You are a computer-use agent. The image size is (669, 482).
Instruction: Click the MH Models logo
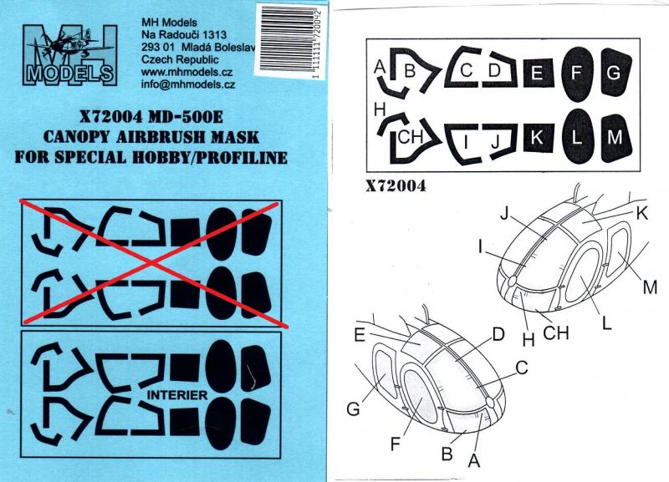tap(69, 55)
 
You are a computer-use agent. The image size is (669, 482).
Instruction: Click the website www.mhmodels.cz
tap(186, 72)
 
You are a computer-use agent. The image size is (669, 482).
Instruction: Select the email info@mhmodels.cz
tap(188, 84)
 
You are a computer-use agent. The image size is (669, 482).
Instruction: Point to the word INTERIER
tap(177, 395)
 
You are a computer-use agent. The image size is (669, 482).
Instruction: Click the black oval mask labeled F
tap(577, 74)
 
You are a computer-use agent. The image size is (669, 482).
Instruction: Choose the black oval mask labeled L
tap(577, 138)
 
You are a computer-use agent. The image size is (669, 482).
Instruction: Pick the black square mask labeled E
tap(539, 73)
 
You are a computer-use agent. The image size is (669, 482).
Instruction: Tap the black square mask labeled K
tap(539, 138)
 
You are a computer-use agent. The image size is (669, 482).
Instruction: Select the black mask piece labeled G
tap(615, 72)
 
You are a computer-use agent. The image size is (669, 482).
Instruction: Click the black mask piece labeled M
tap(615, 138)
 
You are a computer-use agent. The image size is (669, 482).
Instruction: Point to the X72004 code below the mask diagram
tap(396, 186)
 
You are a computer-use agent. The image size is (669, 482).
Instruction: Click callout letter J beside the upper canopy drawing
tap(505, 213)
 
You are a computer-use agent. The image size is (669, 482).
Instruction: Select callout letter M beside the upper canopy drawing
tap(650, 287)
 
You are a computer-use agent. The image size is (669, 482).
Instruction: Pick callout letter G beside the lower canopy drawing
tap(353, 408)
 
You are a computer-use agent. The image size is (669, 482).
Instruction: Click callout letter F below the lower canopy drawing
tap(396, 444)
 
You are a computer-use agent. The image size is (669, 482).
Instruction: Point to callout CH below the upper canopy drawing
tap(556, 332)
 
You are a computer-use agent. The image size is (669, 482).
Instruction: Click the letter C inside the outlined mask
tap(467, 70)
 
